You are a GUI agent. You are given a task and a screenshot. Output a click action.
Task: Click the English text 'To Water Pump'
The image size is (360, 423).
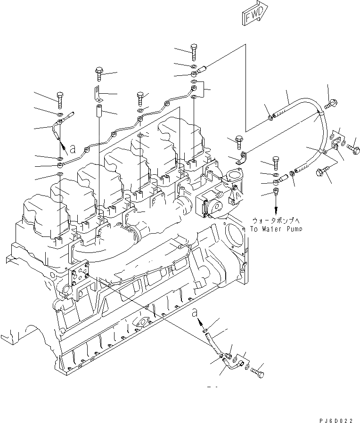(x=276, y=229)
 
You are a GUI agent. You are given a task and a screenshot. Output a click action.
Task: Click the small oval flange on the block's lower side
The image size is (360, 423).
(x=142, y=323)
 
